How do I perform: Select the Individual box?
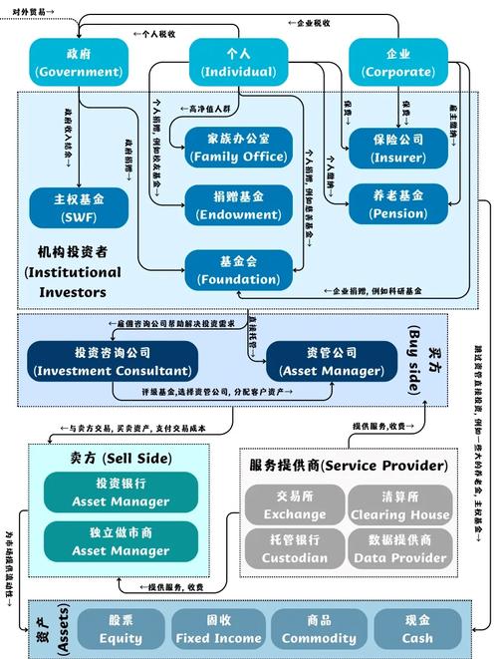tap(239, 62)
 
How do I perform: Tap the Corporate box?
tap(398, 62)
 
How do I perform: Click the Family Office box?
tap(238, 146)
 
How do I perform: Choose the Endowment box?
tap(238, 204)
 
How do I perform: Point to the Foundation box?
tap(238, 269)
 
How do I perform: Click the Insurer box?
tap(397, 146)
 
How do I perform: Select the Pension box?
tap(397, 204)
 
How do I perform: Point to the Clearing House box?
tap(400, 504)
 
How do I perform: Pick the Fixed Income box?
tap(218, 629)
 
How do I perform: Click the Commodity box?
tap(319, 629)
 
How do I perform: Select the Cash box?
tap(417, 629)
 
